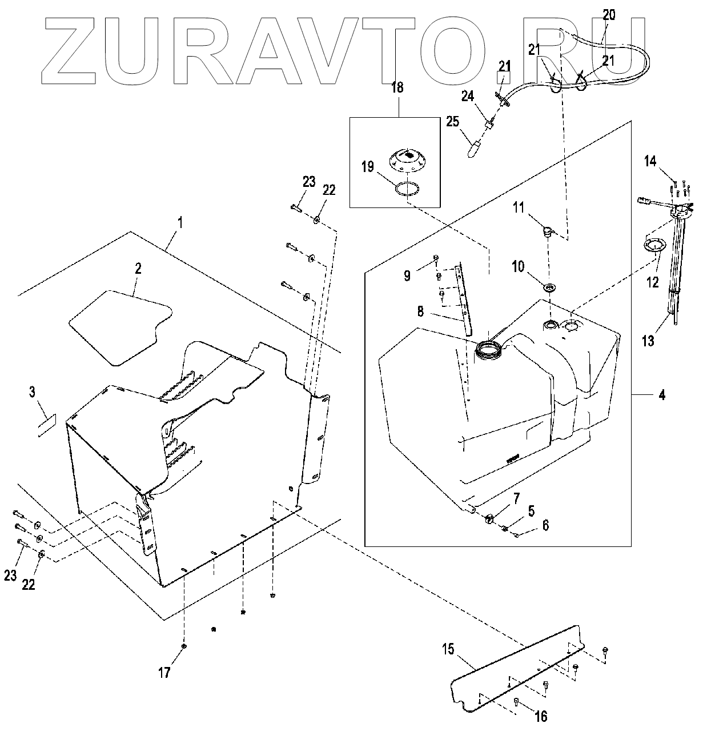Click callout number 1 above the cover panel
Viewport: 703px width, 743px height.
(x=180, y=222)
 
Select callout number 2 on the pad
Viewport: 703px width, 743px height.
(x=138, y=270)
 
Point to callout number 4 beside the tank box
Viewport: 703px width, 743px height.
(x=661, y=394)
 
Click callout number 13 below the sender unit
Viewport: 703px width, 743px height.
(x=648, y=342)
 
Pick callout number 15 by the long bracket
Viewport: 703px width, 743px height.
(x=448, y=649)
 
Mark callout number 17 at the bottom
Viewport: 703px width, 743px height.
(x=164, y=673)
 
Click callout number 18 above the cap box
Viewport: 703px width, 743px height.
(x=397, y=87)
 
